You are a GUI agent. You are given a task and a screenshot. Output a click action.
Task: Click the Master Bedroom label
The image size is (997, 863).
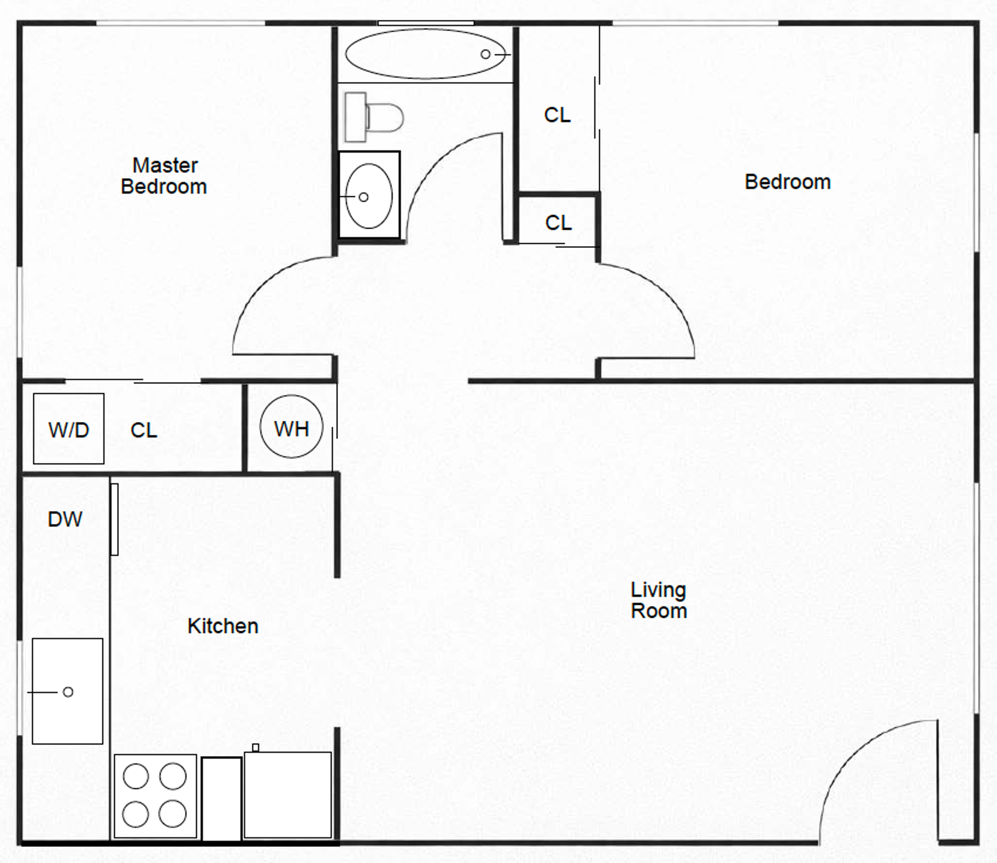point(164,176)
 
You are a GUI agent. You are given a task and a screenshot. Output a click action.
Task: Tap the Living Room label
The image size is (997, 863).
point(658,600)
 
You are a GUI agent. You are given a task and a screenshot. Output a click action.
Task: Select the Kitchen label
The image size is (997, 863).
point(223,626)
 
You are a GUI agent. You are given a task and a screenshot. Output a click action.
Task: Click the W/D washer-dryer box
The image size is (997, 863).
point(69,429)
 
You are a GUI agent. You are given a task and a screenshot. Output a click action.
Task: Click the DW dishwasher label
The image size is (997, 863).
point(65,519)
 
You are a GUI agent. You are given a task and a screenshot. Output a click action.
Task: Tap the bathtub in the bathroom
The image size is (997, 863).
point(425,54)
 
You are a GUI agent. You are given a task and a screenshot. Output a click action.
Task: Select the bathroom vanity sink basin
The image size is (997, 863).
point(369,196)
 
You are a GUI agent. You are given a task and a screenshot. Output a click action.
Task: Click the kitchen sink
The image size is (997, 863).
point(68,691)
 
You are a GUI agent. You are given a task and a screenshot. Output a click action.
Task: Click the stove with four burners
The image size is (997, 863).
point(155,796)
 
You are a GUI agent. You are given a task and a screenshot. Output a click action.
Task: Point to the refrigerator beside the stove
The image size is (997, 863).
point(288,795)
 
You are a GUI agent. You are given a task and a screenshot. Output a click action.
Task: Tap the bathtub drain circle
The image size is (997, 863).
point(486,54)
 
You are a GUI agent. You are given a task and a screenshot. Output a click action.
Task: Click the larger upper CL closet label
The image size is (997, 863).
point(557,115)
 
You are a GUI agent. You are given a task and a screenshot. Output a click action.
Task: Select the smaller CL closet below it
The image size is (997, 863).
point(558,223)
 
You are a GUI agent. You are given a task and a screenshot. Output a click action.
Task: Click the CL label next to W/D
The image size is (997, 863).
point(144,430)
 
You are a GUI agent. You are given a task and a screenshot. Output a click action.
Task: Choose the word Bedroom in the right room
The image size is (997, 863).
point(788,182)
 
